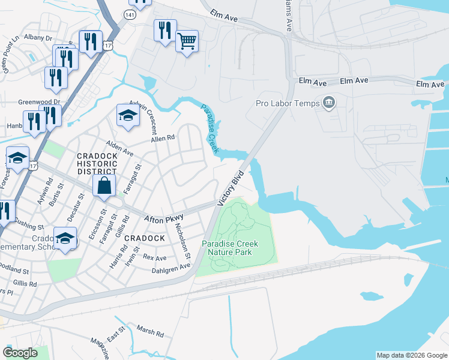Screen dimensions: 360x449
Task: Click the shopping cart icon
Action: point(187,41)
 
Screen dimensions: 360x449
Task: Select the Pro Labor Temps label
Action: point(288,103)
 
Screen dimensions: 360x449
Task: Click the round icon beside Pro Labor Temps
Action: point(328,103)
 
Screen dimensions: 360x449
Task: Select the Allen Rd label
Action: point(163,138)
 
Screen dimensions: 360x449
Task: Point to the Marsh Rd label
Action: point(150,331)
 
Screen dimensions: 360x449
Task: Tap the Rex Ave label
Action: point(154,257)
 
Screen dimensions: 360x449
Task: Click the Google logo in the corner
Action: point(20,352)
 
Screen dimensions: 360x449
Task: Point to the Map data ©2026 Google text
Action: point(411,355)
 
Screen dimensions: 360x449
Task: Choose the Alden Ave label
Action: point(119,149)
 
